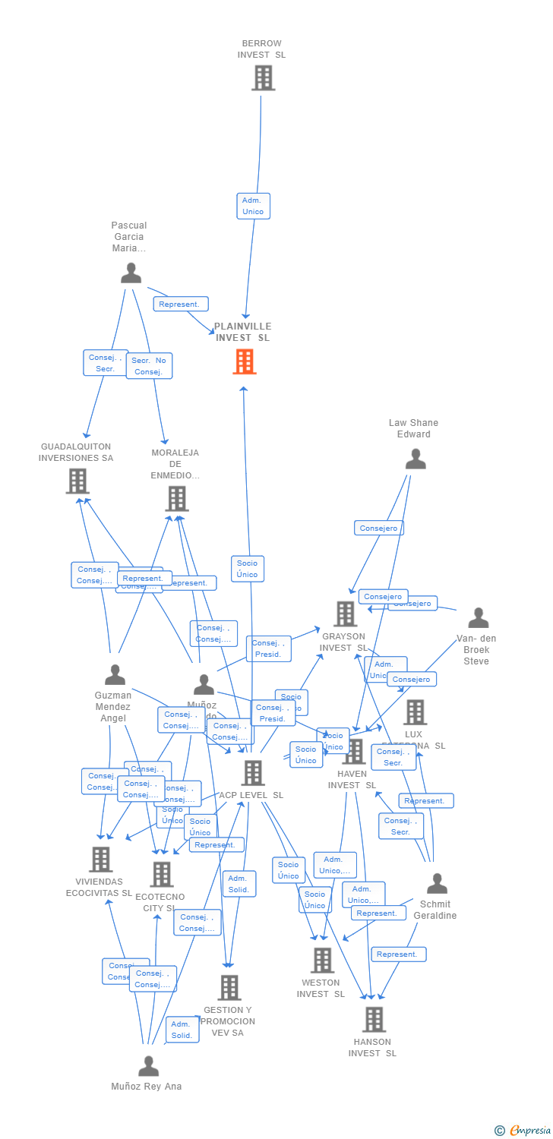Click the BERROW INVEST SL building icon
(263, 77)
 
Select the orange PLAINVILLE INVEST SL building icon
(244, 361)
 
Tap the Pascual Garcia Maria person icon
(131, 273)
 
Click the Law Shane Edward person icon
(416, 459)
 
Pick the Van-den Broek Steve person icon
(478, 618)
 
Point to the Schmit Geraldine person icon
(437, 884)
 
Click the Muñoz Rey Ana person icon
(148, 1066)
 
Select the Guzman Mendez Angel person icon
(115, 674)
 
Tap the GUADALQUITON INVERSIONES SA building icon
(77, 481)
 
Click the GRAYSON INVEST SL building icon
(345, 614)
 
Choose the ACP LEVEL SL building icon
(252, 773)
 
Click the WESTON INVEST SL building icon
(322, 961)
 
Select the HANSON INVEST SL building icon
(374, 1019)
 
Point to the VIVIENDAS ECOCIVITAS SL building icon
(100, 860)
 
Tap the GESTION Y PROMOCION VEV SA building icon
(229, 988)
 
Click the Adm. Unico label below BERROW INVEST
(253, 206)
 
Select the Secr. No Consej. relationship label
(149, 366)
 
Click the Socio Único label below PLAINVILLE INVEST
(248, 569)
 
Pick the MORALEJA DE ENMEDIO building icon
(176, 499)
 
